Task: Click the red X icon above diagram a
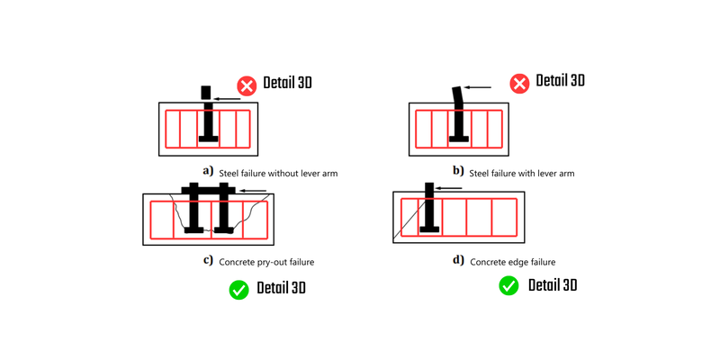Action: tap(247, 85)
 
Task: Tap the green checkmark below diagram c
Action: tap(238, 290)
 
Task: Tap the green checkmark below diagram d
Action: tap(508, 286)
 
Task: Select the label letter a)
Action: tap(208, 170)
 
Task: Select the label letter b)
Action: tap(458, 170)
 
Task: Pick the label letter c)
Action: tap(208, 261)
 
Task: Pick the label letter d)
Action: tap(458, 260)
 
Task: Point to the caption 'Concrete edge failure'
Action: tap(513, 262)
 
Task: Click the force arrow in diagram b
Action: tap(478, 87)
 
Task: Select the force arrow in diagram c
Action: tap(255, 191)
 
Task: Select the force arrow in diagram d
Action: tap(449, 188)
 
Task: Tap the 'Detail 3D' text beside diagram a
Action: tap(287, 84)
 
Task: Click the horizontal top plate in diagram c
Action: tap(208, 190)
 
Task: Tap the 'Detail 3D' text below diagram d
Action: tap(552, 286)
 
